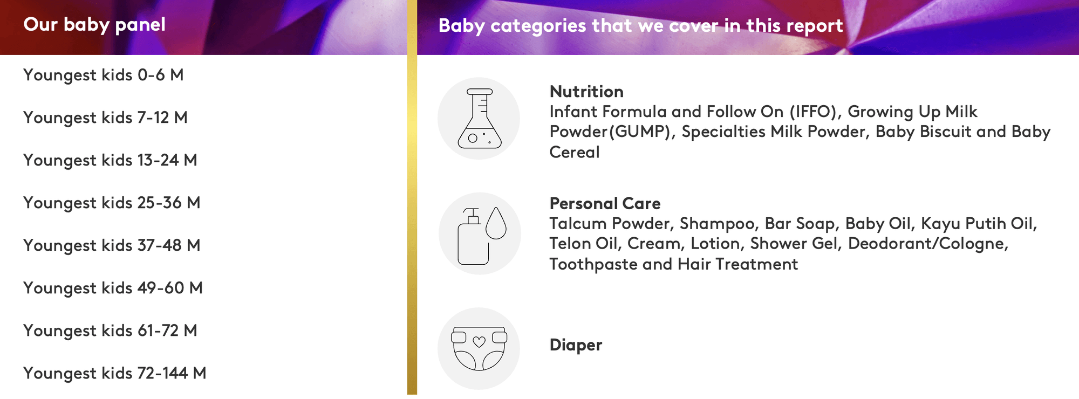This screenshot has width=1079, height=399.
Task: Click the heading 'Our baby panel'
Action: pos(94,25)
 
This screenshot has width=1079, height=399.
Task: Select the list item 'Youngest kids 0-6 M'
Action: pos(104,75)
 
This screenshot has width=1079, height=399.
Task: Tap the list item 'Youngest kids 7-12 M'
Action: pos(105,118)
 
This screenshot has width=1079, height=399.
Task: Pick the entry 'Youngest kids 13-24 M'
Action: pos(110,160)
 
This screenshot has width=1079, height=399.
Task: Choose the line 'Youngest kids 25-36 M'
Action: pos(112,203)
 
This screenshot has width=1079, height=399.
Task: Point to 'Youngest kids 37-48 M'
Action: pos(112,245)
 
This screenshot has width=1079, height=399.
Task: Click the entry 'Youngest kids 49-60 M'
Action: pos(113,288)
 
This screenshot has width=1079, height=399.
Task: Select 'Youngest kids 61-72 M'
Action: pos(110,331)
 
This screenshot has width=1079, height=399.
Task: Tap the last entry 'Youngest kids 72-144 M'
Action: pos(115,373)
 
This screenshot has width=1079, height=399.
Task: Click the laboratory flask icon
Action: pos(479,119)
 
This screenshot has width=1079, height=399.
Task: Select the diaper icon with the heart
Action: pos(479,348)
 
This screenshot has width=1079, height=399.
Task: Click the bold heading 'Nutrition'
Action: pos(586,92)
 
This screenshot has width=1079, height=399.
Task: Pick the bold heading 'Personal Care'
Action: pos(605,204)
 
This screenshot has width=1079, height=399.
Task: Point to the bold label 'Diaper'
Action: pos(576,345)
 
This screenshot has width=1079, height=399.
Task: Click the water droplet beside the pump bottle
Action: pos(496,223)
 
